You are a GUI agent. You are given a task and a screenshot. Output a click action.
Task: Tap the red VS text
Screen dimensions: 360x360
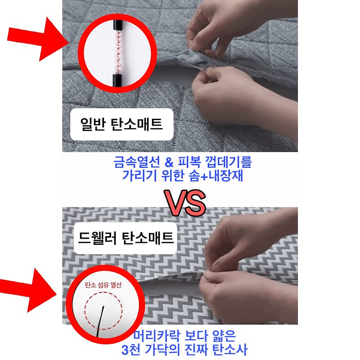coord(185,202)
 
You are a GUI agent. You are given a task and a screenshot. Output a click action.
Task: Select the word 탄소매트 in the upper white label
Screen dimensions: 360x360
coord(137,124)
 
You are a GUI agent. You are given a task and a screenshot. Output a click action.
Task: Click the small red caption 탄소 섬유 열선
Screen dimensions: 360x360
coord(103,285)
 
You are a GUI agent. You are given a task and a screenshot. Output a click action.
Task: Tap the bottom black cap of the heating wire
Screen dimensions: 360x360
coord(117,80)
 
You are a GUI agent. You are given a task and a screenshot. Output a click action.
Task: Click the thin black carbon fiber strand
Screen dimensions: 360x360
coord(100,321)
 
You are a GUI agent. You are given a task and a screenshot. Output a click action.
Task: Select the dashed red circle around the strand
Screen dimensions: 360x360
coord(85,311)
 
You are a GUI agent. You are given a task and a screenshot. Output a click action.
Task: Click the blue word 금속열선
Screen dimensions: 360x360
coord(137,162)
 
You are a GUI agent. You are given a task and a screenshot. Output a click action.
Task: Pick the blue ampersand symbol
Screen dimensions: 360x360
coord(169,162)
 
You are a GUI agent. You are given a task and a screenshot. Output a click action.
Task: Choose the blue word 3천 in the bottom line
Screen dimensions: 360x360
coord(131,350)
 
